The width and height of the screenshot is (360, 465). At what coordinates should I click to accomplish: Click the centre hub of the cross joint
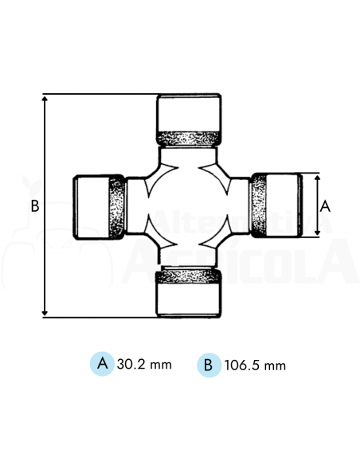pyautogui.click(x=188, y=205)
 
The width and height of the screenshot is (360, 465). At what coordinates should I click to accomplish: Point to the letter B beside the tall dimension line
pyautogui.click(x=34, y=205)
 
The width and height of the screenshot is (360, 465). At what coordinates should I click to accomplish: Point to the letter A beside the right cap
pyautogui.click(x=324, y=205)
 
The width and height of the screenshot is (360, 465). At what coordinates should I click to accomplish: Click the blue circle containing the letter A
pyautogui.click(x=101, y=364)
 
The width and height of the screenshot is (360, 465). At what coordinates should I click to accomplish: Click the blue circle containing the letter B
pyautogui.click(x=208, y=365)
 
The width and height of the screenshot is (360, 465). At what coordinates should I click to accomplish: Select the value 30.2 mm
pyautogui.click(x=144, y=365)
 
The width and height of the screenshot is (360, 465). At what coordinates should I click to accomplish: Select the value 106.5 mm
pyautogui.click(x=254, y=365)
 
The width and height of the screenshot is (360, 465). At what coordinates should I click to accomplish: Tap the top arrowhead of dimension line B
pyautogui.click(x=45, y=98)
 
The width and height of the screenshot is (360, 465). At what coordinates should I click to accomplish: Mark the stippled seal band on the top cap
pyautogui.click(x=188, y=137)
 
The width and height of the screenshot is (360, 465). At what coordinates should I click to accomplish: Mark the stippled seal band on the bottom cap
pyautogui.click(x=188, y=275)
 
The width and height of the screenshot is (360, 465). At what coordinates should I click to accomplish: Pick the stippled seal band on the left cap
pyautogui.click(x=116, y=207)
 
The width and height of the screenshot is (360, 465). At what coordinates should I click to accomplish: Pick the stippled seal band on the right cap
pyautogui.click(x=260, y=205)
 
